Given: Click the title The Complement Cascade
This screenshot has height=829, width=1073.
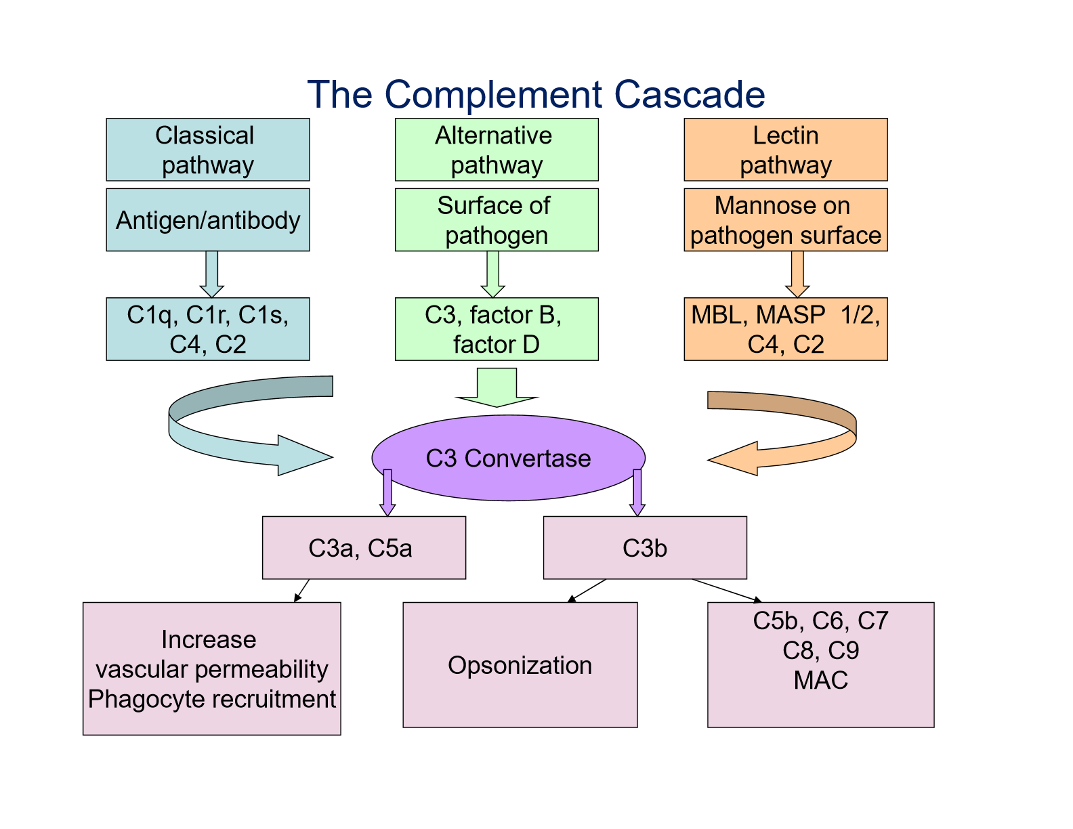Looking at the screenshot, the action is (536, 94).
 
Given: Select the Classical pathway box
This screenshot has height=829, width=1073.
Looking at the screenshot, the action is (208, 150).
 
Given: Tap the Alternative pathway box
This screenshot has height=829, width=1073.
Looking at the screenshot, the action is (497, 150).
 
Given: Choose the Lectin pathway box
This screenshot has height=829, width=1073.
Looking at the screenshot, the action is (786, 150).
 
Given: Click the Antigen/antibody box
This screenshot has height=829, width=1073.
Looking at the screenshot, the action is (208, 219).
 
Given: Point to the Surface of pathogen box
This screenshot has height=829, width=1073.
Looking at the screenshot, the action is (497, 219).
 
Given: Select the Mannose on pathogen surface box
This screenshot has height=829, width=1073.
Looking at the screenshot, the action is (786, 219).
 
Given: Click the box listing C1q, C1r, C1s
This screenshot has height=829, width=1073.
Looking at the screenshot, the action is (208, 329).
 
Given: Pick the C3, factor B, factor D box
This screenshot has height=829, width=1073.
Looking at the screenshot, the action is (497, 329).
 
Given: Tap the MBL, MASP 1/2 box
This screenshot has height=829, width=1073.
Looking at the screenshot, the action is (786, 329).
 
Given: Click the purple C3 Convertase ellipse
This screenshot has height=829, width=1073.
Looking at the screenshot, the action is (509, 458).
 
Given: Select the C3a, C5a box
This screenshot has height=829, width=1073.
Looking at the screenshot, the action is (364, 547).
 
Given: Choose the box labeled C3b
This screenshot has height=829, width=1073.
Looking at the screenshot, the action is (645, 547).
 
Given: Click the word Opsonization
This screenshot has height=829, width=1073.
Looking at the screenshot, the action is (520, 664).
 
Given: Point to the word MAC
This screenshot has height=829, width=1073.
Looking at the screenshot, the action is (821, 680).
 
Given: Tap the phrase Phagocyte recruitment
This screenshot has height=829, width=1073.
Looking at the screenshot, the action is (212, 699).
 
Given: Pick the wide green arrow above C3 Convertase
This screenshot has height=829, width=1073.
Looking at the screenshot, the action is (497, 387).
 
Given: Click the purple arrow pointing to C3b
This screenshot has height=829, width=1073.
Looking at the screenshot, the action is (637, 492).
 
